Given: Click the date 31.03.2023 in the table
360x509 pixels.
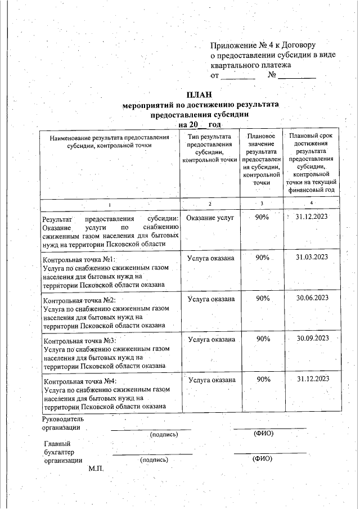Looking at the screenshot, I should pyautogui.click(x=312, y=257).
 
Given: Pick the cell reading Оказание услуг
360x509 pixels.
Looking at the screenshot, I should pyautogui.click(x=210, y=217).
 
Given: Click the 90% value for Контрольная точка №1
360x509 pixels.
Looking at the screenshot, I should pyautogui.click(x=262, y=257).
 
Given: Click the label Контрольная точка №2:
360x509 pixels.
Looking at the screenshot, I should pyautogui.click(x=79, y=300).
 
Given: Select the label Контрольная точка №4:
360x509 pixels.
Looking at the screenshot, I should pyautogui.click(x=79, y=381).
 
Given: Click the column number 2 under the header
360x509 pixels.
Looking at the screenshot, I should pyautogui.click(x=209, y=203).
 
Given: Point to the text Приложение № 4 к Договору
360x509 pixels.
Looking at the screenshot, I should pyautogui.click(x=263, y=45).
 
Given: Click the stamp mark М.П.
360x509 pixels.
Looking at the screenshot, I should pyautogui.click(x=97, y=469).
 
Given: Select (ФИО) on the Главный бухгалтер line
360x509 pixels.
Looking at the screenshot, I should pyautogui.click(x=262, y=459).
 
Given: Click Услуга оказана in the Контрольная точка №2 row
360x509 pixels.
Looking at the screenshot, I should pyautogui.click(x=211, y=299).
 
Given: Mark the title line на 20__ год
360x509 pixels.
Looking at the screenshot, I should pyautogui.click(x=200, y=124).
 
